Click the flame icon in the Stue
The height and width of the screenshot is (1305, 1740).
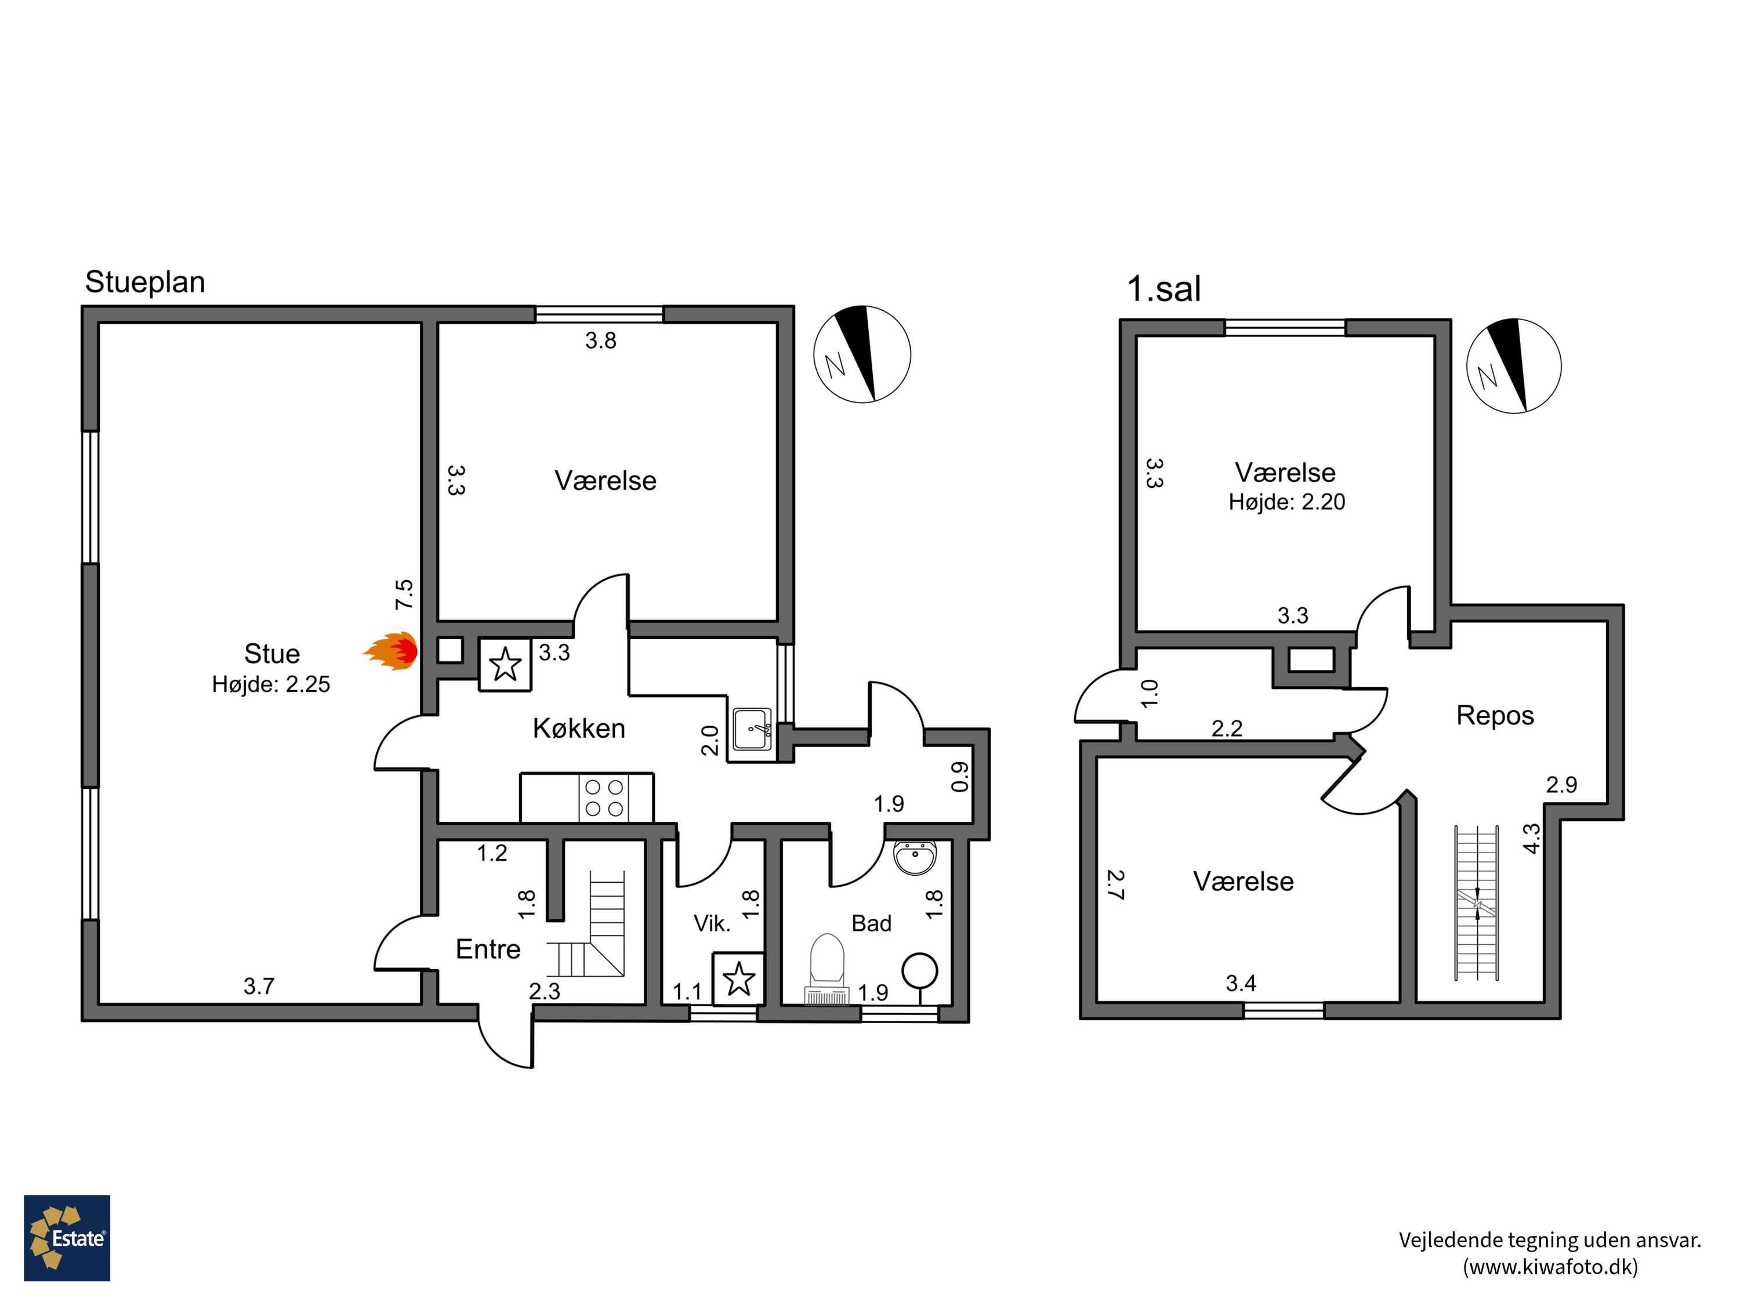pyautogui.click(x=390, y=651)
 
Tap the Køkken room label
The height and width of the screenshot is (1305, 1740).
pyautogui.click(x=579, y=728)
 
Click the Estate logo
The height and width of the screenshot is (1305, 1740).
pyautogui.click(x=67, y=1238)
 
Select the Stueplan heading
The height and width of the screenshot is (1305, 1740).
pyautogui.click(x=145, y=282)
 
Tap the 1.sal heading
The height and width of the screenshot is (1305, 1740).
pyautogui.click(x=1164, y=289)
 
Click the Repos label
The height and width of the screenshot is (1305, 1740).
pyautogui.click(x=1495, y=715)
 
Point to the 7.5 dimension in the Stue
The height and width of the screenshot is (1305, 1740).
pyautogui.click(x=404, y=594)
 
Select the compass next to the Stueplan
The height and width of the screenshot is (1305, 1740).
pyautogui.click(x=862, y=354)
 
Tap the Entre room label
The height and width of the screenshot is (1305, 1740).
pyautogui.click(x=488, y=949)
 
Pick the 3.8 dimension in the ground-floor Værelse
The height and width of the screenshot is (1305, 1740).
pyautogui.click(x=600, y=340)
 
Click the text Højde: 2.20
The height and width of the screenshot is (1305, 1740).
pyautogui.click(x=1287, y=502)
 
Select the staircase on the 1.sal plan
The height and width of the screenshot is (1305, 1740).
pyautogui.click(x=1477, y=903)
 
